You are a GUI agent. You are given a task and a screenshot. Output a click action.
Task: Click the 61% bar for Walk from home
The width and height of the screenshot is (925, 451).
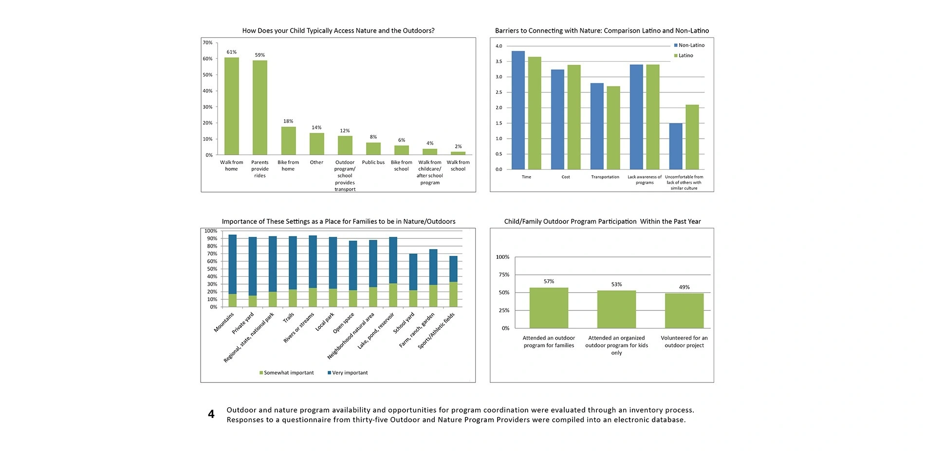pyautogui.click(x=231, y=106)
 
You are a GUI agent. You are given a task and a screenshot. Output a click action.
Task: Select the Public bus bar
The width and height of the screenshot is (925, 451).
pyautogui.click(x=373, y=149)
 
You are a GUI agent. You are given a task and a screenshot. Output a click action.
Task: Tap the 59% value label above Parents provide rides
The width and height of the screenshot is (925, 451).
pyautogui.click(x=260, y=55)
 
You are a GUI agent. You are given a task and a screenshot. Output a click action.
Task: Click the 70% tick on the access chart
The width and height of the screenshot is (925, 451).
pyautogui.click(x=207, y=43)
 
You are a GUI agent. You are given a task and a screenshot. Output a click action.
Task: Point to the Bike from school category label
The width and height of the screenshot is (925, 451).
pyautogui.click(x=402, y=165)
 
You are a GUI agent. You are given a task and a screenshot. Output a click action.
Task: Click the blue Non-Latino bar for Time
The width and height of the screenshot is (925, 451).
pyautogui.click(x=518, y=110)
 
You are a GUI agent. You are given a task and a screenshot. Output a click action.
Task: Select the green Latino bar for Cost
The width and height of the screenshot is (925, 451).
pyautogui.click(x=573, y=117)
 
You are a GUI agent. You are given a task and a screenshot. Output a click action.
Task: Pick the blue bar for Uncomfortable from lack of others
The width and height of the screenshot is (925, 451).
pyautogui.click(x=676, y=146)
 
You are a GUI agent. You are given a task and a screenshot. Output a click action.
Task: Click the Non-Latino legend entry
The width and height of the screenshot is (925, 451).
pyautogui.click(x=689, y=45)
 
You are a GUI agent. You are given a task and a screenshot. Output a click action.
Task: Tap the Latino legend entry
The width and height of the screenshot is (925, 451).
pyautogui.click(x=684, y=55)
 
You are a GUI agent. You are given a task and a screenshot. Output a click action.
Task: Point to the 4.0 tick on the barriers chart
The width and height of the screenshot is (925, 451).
pyautogui.click(x=499, y=46)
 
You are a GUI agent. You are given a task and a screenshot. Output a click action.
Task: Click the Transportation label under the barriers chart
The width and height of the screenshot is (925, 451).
pyautogui.click(x=605, y=177)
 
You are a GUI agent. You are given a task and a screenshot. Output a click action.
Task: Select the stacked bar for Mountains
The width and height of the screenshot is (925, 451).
pyautogui.click(x=233, y=271)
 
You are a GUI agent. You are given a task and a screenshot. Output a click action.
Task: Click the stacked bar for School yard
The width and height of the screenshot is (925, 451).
pyautogui.click(x=413, y=280)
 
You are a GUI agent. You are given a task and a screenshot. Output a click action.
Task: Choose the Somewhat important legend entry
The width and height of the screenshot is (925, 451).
pyautogui.click(x=286, y=373)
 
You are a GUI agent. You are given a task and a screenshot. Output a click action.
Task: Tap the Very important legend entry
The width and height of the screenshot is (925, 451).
pyautogui.click(x=348, y=373)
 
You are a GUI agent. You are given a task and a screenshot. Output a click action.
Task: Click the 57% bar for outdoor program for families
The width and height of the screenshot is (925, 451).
pyautogui.click(x=549, y=308)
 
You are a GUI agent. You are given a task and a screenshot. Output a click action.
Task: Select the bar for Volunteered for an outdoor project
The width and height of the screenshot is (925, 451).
pyautogui.click(x=684, y=311)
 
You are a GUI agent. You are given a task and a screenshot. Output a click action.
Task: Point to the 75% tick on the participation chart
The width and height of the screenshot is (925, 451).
pyautogui.click(x=503, y=275)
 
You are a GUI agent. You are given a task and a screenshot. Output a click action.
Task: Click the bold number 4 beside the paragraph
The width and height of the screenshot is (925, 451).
pyautogui.click(x=211, y=415)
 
